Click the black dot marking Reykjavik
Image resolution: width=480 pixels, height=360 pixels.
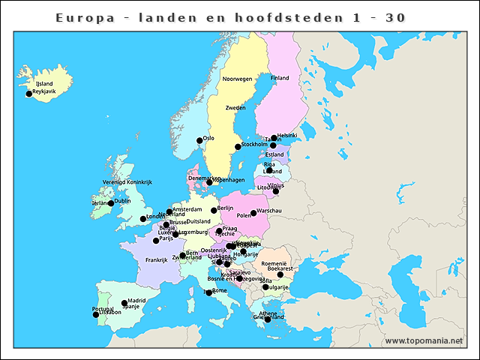29,94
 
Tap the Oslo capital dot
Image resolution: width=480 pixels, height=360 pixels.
199,140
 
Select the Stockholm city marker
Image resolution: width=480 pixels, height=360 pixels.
238,146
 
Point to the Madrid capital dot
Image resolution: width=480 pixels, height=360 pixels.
124,303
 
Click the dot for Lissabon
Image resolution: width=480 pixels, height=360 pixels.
96,314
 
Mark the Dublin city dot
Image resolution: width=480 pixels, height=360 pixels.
111,203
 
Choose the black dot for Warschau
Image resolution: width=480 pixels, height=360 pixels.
253,213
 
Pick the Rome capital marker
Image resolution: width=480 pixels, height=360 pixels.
209,292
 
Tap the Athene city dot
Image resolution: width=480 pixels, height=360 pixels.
268,319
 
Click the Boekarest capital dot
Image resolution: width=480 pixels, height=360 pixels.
280,274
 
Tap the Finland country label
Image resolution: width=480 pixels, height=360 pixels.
280,78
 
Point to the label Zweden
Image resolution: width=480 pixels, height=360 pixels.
235,108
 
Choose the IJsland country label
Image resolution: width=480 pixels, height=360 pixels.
44,84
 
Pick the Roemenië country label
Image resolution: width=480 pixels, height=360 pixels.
275,263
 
